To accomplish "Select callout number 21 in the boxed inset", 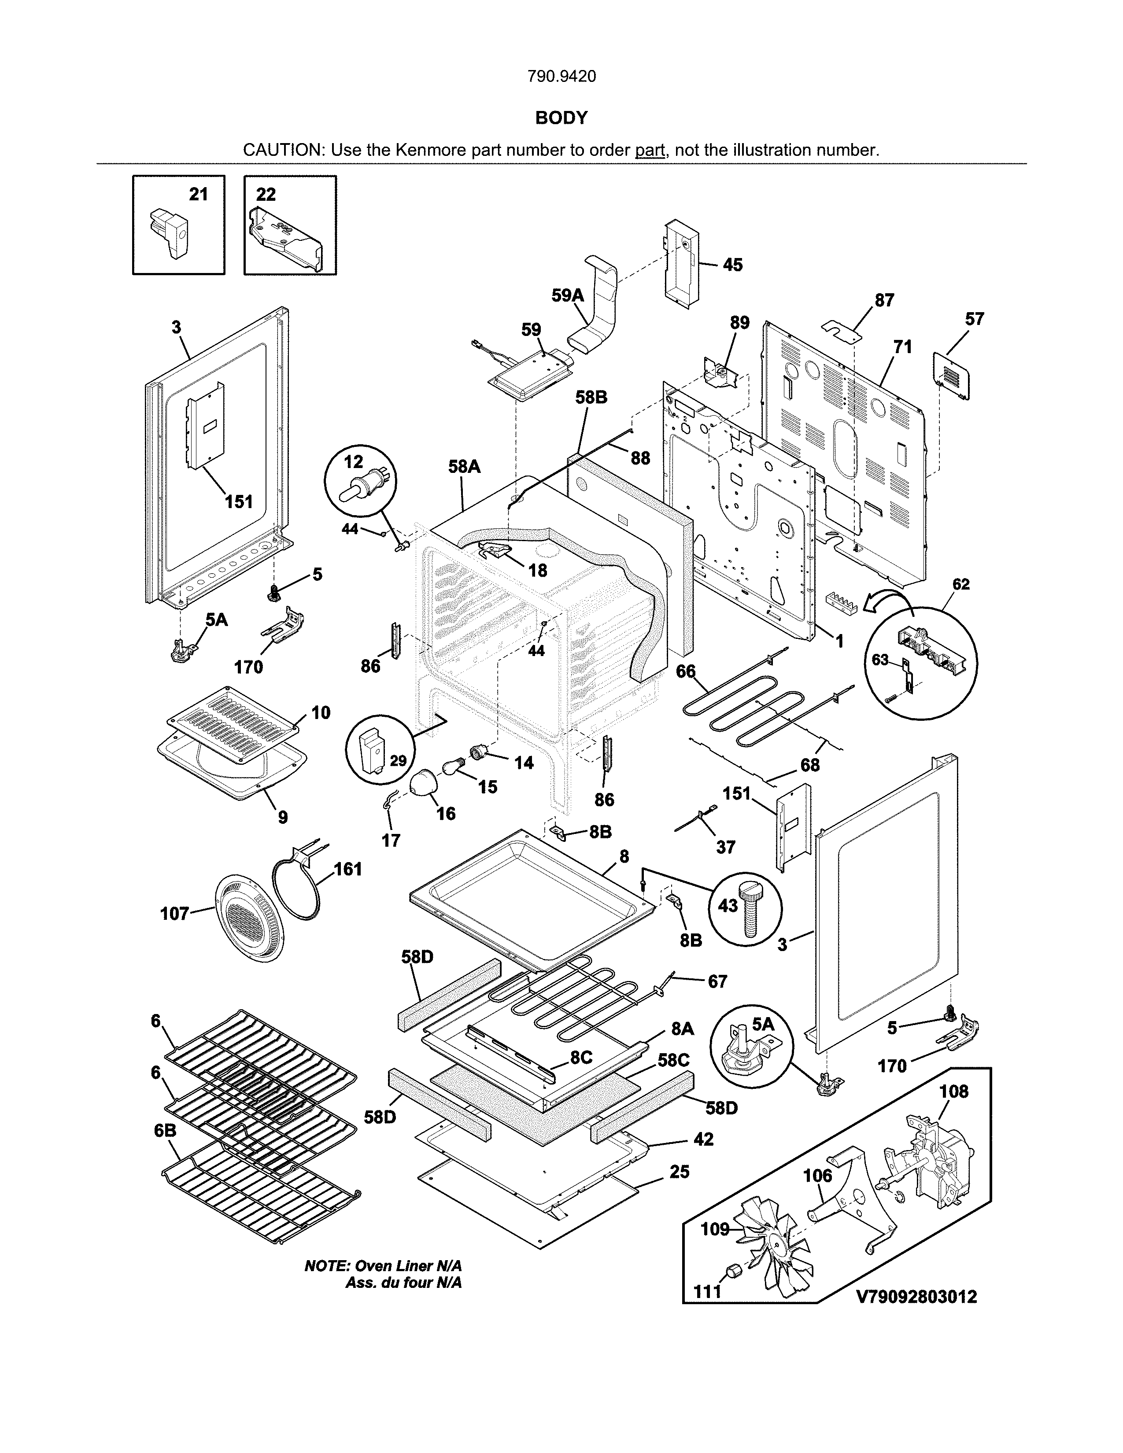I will tap(198, 194).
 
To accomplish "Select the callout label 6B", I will tap(165, 1131).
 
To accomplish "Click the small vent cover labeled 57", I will tap(953, 376).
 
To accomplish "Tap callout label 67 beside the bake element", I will tap(717, 981).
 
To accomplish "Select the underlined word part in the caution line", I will tap(650, 150).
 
